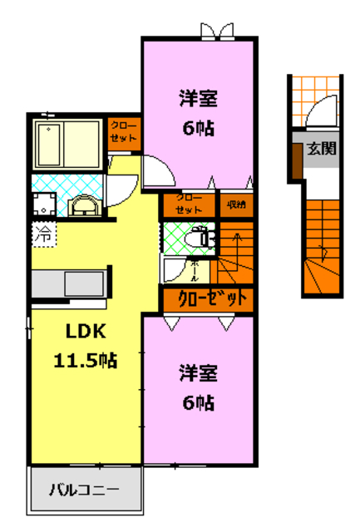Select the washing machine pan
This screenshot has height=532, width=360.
(44, 204)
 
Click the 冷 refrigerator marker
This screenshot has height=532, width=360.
(42, 234)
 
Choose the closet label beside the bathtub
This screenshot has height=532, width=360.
(125, 132)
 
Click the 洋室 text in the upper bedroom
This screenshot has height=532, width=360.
(197, 98)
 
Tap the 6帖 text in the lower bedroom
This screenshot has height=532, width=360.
(197, 402)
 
